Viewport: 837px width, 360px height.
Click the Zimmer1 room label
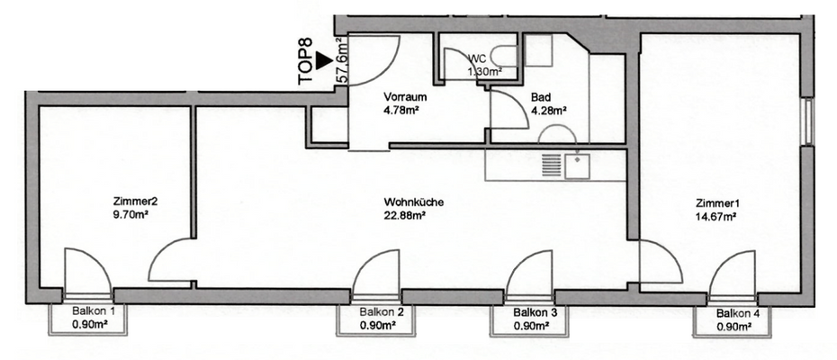coord(716,202)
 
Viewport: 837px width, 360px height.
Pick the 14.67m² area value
coord(716,216)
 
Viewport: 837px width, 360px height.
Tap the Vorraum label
coord(404,97)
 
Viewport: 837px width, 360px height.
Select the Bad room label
coord(540,97)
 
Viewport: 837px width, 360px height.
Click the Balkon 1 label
coord(93,312)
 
